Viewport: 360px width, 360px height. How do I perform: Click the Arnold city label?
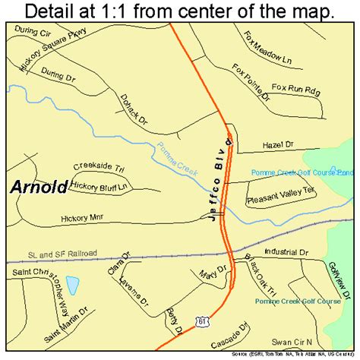[39, 187]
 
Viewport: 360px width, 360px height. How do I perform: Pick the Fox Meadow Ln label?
[268, 48]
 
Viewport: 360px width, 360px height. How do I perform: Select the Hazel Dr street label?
[276, 144]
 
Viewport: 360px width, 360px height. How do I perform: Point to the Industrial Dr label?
[288, 251]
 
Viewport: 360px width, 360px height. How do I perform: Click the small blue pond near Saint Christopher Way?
[72, 286]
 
